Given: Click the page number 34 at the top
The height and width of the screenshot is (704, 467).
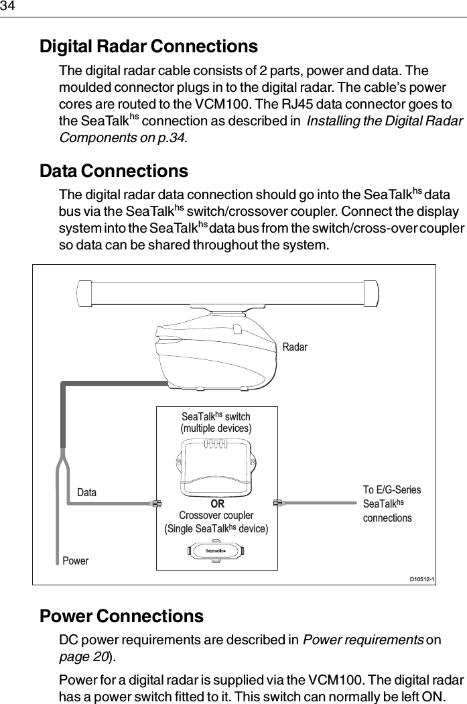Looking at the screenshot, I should (7, 6).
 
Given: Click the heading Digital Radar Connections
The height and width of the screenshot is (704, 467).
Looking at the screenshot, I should (149, 47).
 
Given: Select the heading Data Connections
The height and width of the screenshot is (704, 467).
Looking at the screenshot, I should (114, 171).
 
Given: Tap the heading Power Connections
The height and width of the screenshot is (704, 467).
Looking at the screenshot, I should (122, 615).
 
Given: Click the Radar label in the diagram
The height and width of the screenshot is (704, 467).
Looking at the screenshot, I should (295, 347).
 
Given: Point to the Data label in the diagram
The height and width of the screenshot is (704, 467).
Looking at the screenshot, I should (86, 493).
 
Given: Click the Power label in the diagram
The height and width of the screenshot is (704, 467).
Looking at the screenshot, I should (75, 561).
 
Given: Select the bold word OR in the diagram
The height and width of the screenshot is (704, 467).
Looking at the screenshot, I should (217, 504).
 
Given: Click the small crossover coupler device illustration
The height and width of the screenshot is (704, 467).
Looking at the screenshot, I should (216, 552).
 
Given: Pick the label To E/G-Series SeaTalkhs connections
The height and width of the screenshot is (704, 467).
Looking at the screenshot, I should (391, 504).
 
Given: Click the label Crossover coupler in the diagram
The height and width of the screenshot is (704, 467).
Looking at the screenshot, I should (216, 516).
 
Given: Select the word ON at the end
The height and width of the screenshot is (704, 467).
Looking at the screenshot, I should (448, 697).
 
